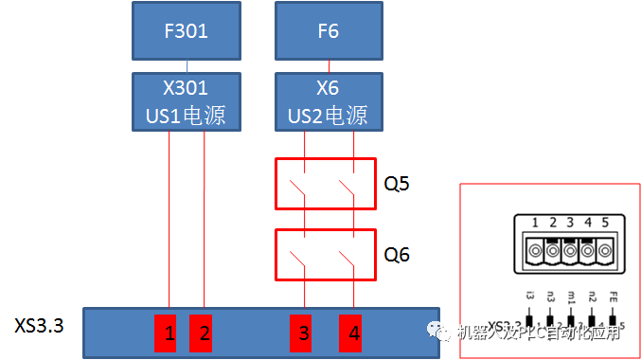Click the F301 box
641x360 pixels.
(x=187, y=31)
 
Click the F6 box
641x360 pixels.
(x=328, y=31)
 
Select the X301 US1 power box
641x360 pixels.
(x=187, y=101)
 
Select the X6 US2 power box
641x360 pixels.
(x=328, y=101)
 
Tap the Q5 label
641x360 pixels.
(x=398, y=182)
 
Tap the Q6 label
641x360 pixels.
(x=398, y=253)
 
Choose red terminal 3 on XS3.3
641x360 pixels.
(x=304, y=333)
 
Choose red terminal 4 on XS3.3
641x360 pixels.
(x=353, y=333)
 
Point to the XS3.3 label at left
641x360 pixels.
(x=40, y=327)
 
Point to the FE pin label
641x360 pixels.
(x=613, y=297)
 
